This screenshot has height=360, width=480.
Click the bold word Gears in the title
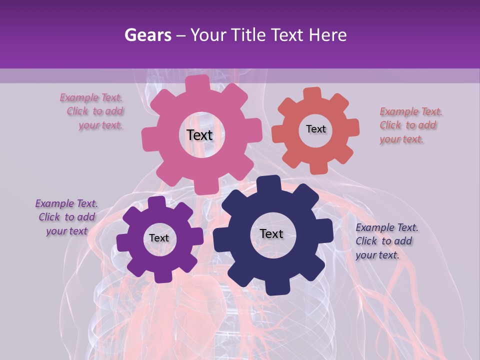pyautogui.click(x=147, y=35)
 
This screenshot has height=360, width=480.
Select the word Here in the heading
pyautogui.click(x=328, y=35)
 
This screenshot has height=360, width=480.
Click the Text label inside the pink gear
pyautogui.click(x=199, y=135)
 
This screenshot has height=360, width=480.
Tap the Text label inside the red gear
pyautogui.click(x=316, y=129)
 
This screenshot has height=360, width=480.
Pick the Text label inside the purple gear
pyautogui.click(x=159, y=238)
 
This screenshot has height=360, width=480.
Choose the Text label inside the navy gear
pyautogui.click(x=271, y=233)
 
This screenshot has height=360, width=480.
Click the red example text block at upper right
pyautogui.click(x=410, y=125)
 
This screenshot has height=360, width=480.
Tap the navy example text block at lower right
pyautogui.click(x=386, y=241)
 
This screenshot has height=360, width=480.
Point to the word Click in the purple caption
pyautogui.click(x=49, y=217)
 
